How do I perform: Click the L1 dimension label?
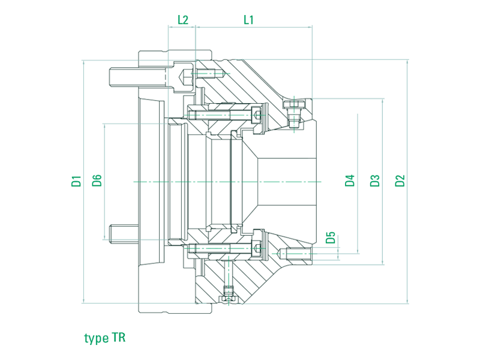[248, 19]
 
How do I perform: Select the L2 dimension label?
[183, 19]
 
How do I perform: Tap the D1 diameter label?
[76, 181]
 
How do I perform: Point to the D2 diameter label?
[400, 181]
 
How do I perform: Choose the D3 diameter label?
[375, 181]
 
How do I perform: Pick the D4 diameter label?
[350, 181]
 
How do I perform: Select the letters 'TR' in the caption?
[119, 338]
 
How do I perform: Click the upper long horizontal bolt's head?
[257, 113]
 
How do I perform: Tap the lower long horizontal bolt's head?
[257, 248]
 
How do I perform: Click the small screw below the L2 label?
[204, 74]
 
